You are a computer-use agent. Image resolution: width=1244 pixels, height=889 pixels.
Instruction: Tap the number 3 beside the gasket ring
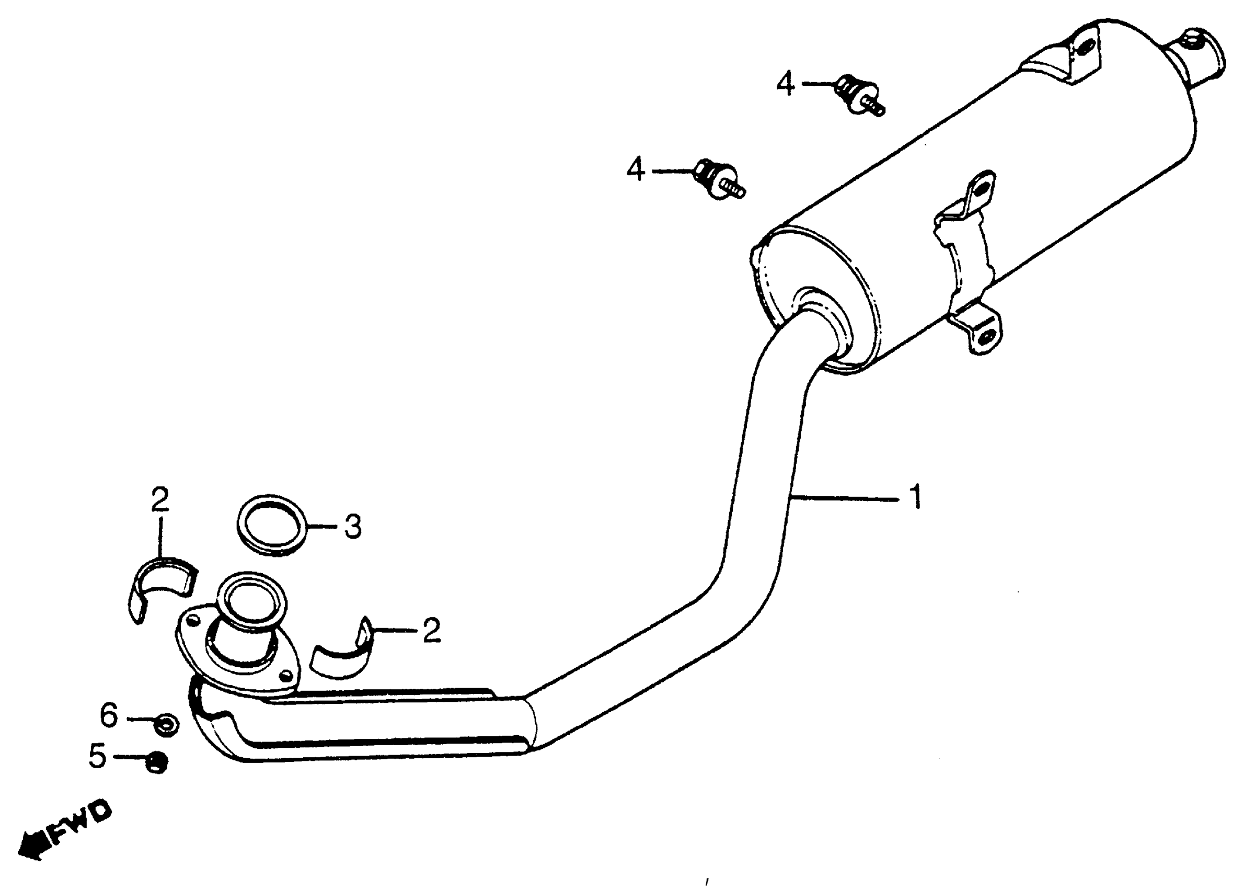pyautogui.click(x=352, y=526)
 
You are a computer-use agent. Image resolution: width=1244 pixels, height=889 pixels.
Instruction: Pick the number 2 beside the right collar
pyautogui.click(x=431, y=630)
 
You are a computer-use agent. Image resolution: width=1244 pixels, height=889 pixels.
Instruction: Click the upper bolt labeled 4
pyautogui.click(x=859, y=96)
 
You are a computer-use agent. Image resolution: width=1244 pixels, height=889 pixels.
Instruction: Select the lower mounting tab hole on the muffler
pyautogui.click(x=984, y=337)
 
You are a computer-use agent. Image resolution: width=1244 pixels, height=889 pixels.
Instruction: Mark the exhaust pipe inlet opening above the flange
pyautogui.click(x=251, y=599)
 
